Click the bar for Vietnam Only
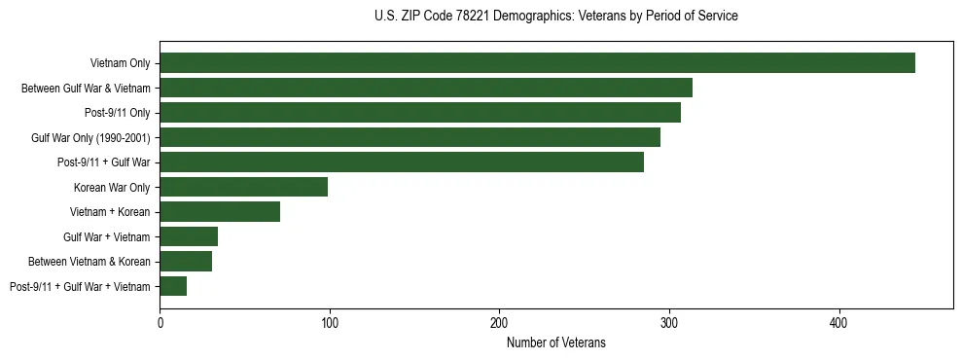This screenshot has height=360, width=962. [x=537, y=63]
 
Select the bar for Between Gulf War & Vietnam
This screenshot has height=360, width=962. [x=426, y=88]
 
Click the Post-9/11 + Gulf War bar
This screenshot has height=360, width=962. [x=402, y=162]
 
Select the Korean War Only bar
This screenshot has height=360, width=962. [x=243, y=187]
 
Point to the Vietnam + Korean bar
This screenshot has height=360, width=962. [x=220, y=211]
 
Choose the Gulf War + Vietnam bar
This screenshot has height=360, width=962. [x=189, y=236]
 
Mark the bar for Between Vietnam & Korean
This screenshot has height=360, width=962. [x=186, y=261]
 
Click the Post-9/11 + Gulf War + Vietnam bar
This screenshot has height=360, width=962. [x=173, y=286]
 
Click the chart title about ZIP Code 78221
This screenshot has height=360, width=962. [x=555, y=17]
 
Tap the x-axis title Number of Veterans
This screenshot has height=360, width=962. [x=555, y=342]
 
